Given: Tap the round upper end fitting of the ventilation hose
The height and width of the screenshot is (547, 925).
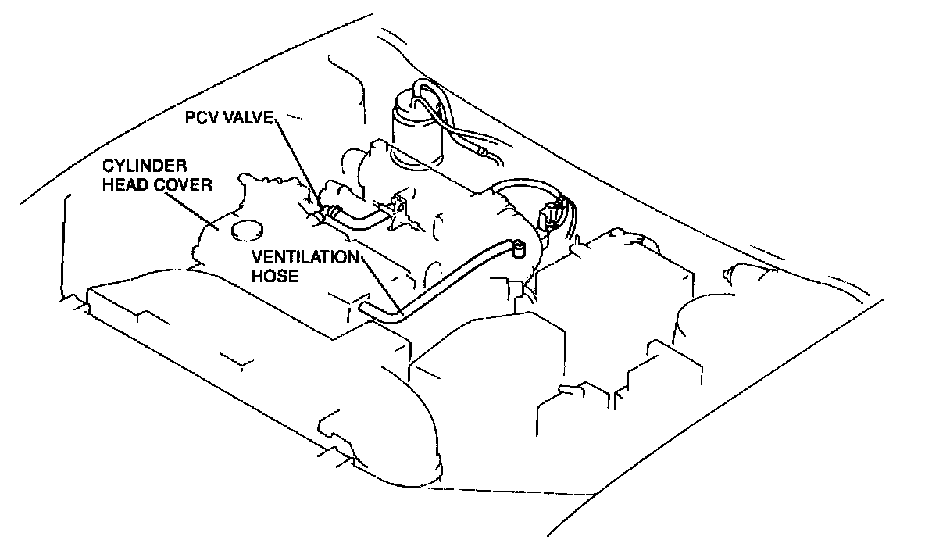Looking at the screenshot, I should [517, 248].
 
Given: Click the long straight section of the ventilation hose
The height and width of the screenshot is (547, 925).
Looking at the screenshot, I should [453, 279].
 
